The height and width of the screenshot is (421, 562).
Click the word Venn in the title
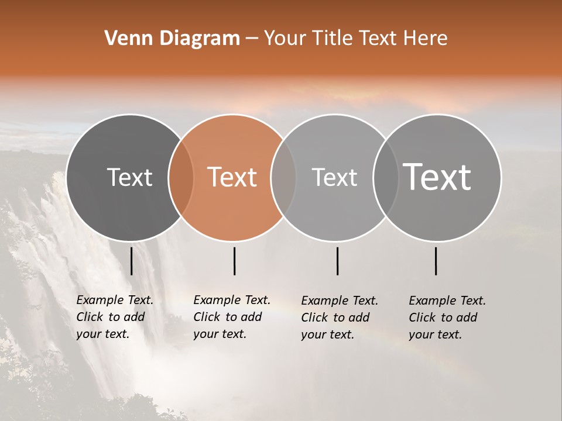[122, 39]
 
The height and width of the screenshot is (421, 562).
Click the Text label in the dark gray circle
[129, 177]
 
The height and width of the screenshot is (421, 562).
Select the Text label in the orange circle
[232, 177]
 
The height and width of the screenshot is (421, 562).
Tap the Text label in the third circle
[334, 177]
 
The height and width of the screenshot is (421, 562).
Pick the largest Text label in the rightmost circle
[437, 177]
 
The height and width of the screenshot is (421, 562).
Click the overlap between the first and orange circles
[181, 178]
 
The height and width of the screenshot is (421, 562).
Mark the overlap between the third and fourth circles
[386, 178]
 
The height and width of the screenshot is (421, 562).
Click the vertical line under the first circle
[132, 261]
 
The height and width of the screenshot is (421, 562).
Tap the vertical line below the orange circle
[234, 261]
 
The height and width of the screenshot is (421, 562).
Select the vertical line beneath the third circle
[338, 261]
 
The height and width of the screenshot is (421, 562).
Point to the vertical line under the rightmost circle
[436, 261]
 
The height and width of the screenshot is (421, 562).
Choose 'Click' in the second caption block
[206, 317]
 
